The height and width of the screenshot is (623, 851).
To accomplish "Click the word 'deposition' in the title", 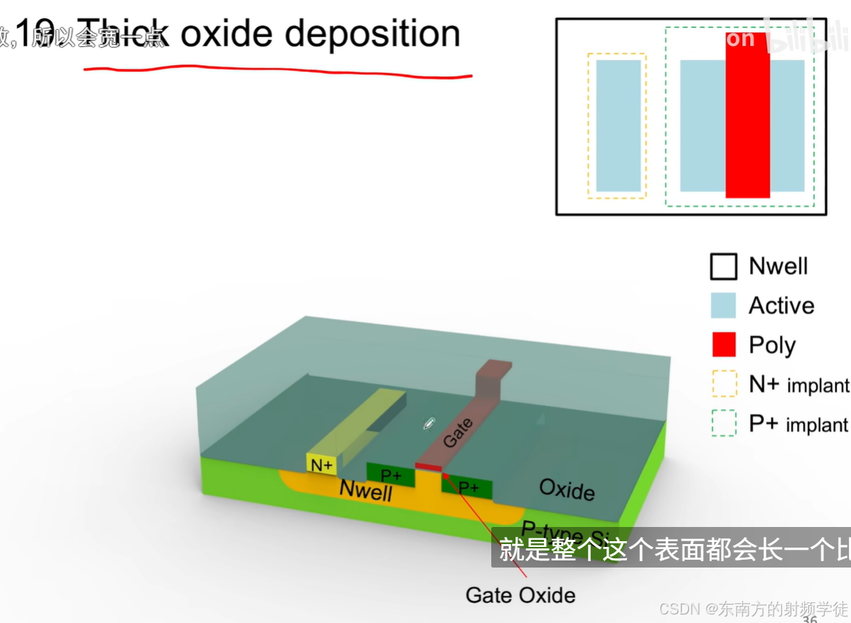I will tap(373, 33).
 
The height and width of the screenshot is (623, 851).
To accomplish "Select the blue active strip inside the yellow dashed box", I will tap(618, 126).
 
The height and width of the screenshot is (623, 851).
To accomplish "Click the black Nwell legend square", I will tap(724, 267).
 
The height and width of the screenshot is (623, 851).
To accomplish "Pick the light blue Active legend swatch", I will tap(724, 306).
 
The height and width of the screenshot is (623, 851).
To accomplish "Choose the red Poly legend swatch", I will tap(724, 345).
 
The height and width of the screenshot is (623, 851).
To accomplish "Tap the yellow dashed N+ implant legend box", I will tap(724, 384).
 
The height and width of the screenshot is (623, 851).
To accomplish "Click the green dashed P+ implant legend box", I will tap(724, 424).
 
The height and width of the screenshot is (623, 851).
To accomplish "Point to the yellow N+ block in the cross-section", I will tap(321, 464).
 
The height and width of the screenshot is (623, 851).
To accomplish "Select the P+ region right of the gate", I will tap(468, 487).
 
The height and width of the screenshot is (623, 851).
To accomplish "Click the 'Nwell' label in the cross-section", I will tap(365, 490).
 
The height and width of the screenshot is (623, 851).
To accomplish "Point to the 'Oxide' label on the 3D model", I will tap(567, 489).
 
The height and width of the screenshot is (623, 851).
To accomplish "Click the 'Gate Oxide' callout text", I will tap(520, 595).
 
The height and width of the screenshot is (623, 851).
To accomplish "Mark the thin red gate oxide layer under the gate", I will tap(429, 467).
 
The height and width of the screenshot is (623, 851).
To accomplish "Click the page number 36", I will tap(809, 619).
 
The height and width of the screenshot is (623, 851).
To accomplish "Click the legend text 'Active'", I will tap(781, 306).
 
